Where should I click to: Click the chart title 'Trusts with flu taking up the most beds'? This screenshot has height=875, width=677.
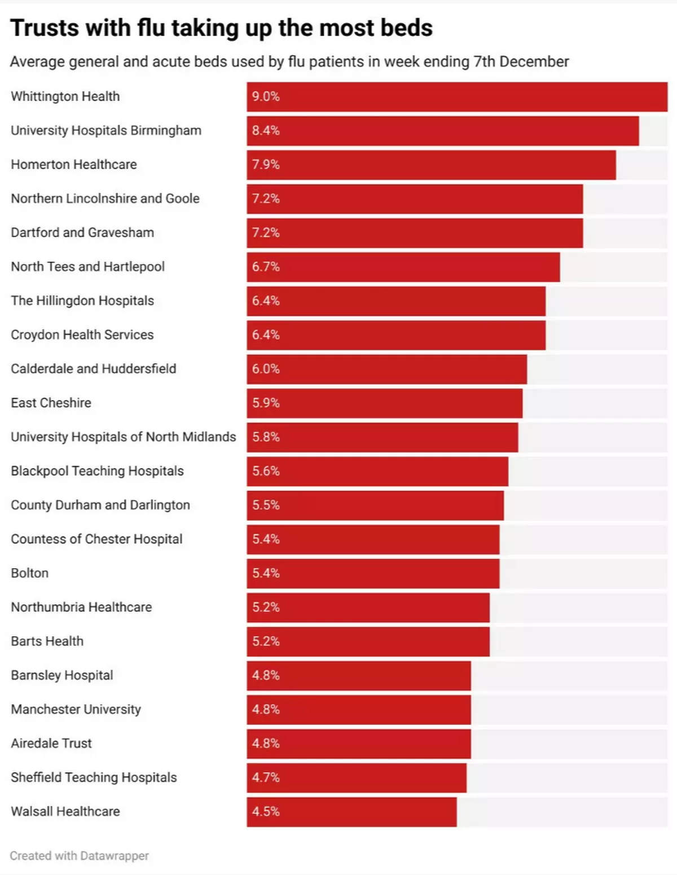pyautogui.click(x=221, y=28)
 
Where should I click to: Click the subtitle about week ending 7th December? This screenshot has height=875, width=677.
pyautogui.click(x=289, y=61)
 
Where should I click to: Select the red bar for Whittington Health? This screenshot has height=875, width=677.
pyautogui.click(x=457, y=96)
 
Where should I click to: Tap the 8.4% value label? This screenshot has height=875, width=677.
pyautogui.click(x=266, y=131)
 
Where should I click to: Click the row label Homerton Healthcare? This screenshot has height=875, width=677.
pyautogui.click(x=74, y=165)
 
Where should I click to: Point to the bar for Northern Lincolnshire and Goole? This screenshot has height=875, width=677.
pyautogui.click(x=415, y=199)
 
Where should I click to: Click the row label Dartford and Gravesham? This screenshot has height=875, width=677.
pyautogui.click(x=82, y=232)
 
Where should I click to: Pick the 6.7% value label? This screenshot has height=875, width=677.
pyautogui.click(x=266, y=267)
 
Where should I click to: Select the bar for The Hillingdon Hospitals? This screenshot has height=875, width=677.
pyautogui.click(x=396, y=301)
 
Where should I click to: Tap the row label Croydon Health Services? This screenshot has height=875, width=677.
pyautogui.click(x=82, y=335)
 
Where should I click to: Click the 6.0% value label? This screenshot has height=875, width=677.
pyautogui.click(x=266, y=369)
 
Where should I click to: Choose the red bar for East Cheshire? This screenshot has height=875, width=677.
pyautogui.click(x=384, y=403)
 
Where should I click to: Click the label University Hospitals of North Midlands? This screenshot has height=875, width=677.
pyautogui.click(x=124, y=437)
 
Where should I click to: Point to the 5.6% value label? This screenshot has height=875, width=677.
pyautogui.click(x=266, y=471)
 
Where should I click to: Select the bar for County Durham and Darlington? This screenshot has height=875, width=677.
pyautogui.click(x=375, y=505)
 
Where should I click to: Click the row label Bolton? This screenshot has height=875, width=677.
pyautogui.click(x=30, y=573)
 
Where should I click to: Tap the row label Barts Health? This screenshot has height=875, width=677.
pyautogui.click(x=47, y=641)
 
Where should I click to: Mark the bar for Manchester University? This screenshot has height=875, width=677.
pyautogui.click(x=359, y=710)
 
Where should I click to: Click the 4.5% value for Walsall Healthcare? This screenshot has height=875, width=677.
pyautogui.click(x=266, y=812)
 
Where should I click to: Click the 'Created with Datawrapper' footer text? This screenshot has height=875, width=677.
pyautogui.click(x=80, y=856)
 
